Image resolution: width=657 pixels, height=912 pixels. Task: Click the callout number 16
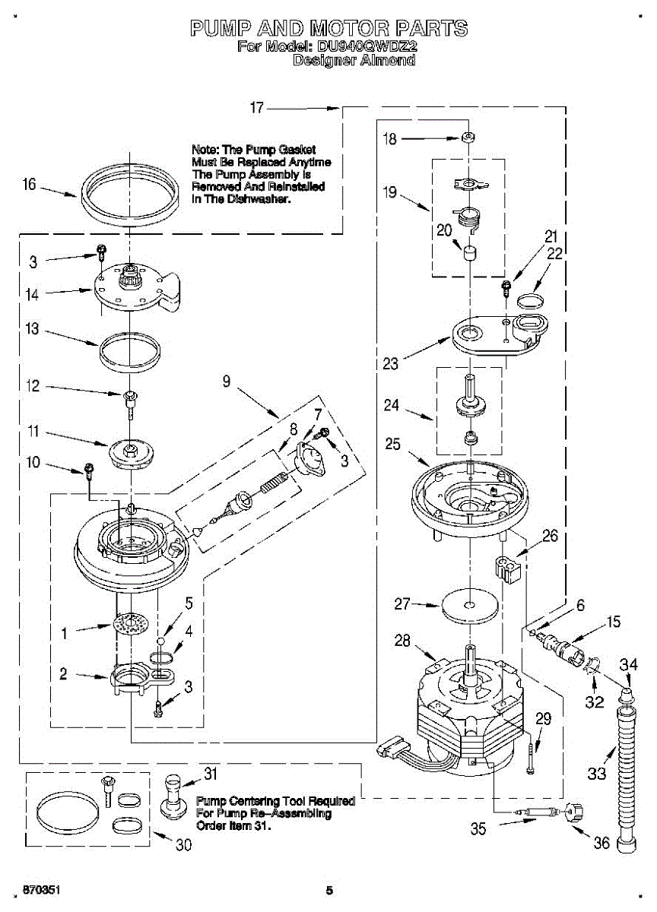pyautogui.click(x=30, y=185)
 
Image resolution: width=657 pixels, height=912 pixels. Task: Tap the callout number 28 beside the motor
pyautogui.click(x=402, y=641)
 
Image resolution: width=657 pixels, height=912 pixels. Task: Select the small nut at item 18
pyautogui.click(x=468, y=138)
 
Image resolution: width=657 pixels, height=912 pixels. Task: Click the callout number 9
pyautogui.click(x=227, y=381)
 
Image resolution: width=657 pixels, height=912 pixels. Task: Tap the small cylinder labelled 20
pyautogui.click(x=470, y=253)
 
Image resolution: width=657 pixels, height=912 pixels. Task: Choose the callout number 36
pyautogui.click(x=602, y=842)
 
